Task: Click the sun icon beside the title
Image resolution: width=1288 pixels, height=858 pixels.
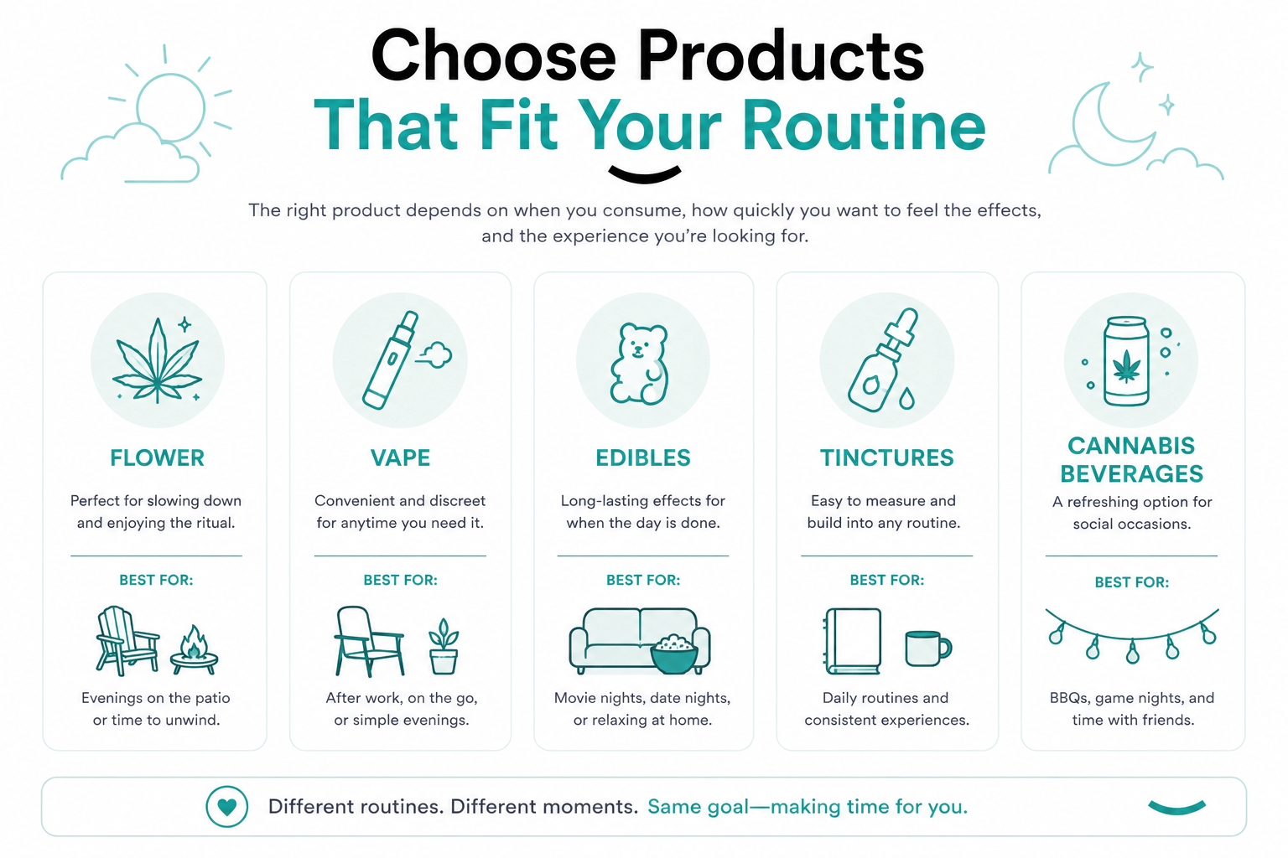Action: click(171, 107)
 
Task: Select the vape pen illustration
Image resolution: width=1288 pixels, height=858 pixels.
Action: click(391, 359)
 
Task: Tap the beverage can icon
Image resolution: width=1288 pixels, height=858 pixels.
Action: click(1126, 361)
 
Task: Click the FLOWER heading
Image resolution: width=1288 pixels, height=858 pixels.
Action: click(157, 458)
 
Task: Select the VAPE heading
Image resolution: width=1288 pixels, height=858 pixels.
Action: click(400, 458)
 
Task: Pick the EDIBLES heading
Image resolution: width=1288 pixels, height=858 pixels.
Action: click(643, 458)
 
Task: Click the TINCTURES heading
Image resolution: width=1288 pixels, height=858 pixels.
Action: click(886, 458)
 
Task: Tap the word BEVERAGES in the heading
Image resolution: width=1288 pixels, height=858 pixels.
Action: click(1131, 474)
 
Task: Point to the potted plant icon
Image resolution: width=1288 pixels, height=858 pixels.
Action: click(444, 646)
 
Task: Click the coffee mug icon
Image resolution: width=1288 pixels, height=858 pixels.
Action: click(927, 648)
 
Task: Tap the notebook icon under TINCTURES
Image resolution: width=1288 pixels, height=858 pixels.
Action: click(853, 641)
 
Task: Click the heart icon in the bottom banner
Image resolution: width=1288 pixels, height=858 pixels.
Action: click(227, 807)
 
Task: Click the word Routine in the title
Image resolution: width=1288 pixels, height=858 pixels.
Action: click(864, 125)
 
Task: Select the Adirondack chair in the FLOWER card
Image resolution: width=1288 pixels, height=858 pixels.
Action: click(127, 640)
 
